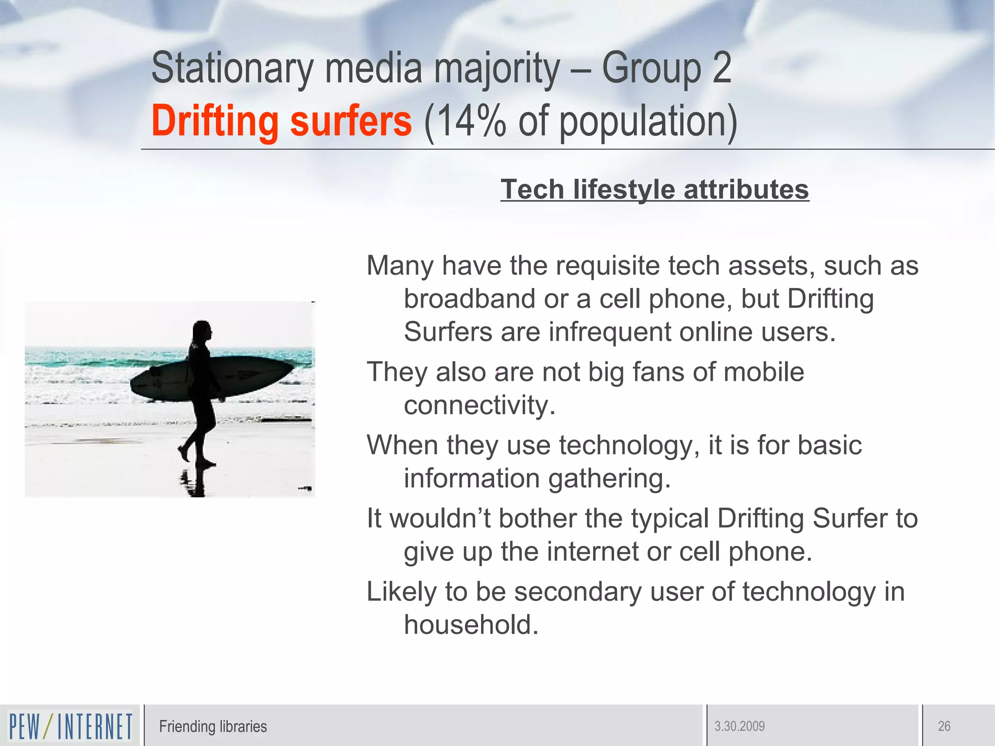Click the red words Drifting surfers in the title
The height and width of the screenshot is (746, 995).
pyautogui.click(x=281, y=121)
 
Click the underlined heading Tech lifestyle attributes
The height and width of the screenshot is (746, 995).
pyautogui.click(x=654, y=189)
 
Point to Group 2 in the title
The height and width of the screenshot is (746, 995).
pyautogui.click(x=666, y=69)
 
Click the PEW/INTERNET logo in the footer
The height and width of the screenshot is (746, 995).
pyautogui.click(x=70, y=726)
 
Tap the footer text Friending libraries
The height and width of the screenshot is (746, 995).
pyautogui.click(x=213, y=727)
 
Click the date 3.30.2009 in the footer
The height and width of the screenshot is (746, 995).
pyautogui.click(x=739, y=727)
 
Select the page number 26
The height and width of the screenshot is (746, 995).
pyautogui.click(x=944, y=727)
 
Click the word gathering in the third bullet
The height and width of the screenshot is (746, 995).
pyautogui.click(x=609, y=479)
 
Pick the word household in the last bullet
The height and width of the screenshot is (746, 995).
pyautogui.click(x=471, y=625)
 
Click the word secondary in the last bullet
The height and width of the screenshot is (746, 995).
pyautogui.click(x=578, y=592)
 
